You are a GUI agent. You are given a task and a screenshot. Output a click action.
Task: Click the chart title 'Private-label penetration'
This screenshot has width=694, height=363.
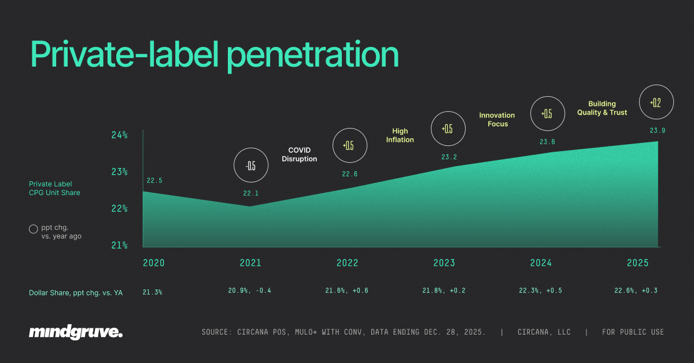[214, 55]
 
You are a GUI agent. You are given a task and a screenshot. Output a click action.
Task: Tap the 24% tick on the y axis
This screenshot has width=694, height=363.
[119, 135]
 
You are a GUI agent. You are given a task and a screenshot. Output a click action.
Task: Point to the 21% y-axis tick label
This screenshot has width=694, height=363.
[119, 245]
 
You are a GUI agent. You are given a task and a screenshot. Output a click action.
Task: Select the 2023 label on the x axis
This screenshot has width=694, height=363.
[444, 263]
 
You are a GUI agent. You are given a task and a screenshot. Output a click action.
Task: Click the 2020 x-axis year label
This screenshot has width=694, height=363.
[154, 263]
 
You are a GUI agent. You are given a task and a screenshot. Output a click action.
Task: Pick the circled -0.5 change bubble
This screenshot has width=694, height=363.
[250, 166]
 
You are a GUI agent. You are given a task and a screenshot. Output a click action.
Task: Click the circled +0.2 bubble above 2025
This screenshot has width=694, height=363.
[655, 102]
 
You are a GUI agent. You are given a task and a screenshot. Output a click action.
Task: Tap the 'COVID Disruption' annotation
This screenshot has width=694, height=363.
[299, 155]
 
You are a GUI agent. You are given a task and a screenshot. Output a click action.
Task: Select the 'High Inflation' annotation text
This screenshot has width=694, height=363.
[400, 135]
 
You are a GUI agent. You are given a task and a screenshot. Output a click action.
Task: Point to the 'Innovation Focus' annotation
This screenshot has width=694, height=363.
[497, 119]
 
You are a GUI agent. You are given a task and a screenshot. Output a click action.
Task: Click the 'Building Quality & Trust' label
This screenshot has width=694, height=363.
[601, 108]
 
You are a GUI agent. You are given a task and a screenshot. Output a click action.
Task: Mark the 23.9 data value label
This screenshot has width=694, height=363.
[658, 131]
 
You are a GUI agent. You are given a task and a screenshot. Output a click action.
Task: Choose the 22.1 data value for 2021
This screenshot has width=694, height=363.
[250, 193]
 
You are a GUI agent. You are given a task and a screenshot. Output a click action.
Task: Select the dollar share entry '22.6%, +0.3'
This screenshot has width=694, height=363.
[635, 291]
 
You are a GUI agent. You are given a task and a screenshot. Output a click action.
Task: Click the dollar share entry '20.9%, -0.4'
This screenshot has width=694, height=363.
[249, 291]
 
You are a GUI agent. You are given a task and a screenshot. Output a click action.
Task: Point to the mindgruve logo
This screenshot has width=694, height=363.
[76, 332]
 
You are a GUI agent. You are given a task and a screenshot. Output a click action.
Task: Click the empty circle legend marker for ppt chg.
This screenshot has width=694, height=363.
[34, 229]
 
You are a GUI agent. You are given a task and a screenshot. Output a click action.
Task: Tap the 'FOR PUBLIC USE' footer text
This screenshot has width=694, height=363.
[633, 332]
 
